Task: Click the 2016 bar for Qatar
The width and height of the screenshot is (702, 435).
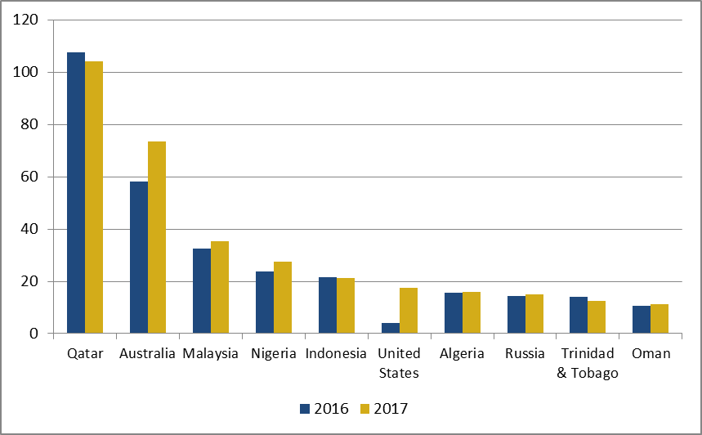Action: pyautogui.click(x=76, y=193)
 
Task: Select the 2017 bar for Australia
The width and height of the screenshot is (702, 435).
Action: pyautogui.click(x=157, y=237)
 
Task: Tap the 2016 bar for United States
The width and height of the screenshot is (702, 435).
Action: pyautogui.click(x=390, y=329)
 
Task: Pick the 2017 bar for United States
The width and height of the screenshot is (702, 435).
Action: pyautogui.click(x=409, y=311)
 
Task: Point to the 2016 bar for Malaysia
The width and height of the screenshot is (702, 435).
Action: pyautogui.click(x=201, y=291)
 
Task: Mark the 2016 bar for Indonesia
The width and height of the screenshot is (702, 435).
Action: pyautogui.click(x=327, y=305)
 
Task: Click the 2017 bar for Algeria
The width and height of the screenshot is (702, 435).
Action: pyautogui.click(x=472, y=312)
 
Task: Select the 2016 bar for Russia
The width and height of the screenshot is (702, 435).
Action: pyautogui.click(x=516, y=315)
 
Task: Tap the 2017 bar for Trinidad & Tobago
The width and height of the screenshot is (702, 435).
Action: pyautogui.click(x=597, y=317)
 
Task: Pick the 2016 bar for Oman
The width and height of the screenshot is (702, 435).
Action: pyautogui.click(x=642, y=320)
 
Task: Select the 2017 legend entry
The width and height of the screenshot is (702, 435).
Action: pyautogui.click(x=383, y=408)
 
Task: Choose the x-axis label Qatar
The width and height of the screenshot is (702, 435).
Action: pyautogui.click(x=85, y=354)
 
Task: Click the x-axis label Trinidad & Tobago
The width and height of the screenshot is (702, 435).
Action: pyautogui.click(x=588, y=363)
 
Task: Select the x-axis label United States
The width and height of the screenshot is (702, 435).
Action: pyautogui.click(x=400, y=363)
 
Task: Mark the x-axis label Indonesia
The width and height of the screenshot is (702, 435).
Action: pyautogui.click(x=336, y=354)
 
